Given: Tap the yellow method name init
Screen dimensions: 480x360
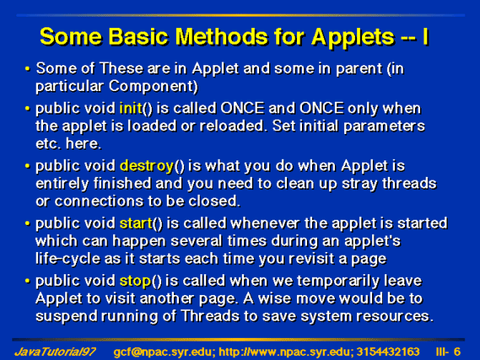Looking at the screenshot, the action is [131, 108].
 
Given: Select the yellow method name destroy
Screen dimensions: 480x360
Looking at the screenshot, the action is [147, 166].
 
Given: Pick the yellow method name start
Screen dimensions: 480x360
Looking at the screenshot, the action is [136, 223].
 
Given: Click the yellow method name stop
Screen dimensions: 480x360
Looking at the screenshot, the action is [135, 282].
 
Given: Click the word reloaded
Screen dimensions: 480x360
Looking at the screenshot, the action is [231, 126].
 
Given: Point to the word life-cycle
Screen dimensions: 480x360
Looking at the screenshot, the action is [67, 259].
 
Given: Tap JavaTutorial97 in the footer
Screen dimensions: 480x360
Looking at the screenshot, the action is [55, 352].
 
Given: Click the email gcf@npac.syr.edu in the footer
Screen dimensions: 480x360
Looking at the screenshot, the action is [163, 352].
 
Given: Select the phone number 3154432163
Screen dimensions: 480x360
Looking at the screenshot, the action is [388, 352].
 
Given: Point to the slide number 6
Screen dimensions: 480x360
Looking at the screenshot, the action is [456, 352].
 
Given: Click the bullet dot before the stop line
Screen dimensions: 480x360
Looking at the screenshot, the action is [28, 281].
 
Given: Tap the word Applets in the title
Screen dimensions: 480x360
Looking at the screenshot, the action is [353, 37].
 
